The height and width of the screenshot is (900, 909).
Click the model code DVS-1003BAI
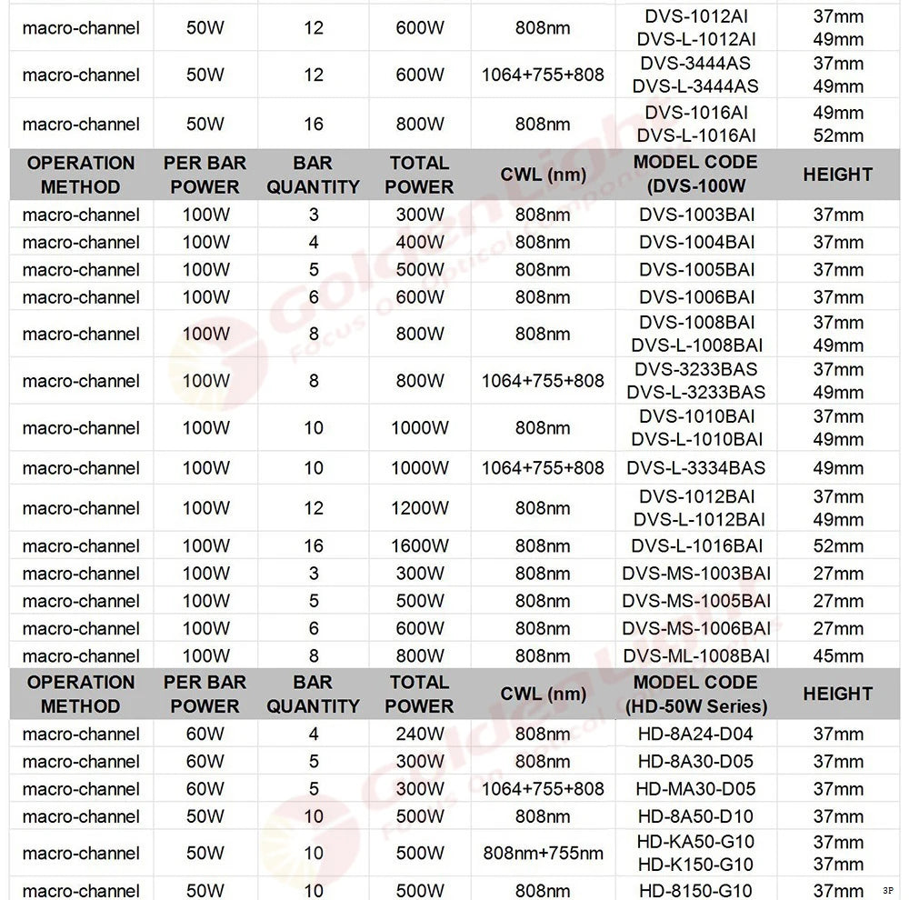coord(696,215)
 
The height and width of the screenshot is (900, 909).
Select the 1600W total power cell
coord(420,546)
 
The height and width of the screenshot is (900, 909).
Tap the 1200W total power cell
coord(420,508)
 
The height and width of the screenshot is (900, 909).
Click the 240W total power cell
coord(420,735)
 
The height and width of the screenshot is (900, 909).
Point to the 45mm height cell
coord(837,656)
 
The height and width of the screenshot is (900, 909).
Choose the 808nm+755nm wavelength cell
coord(543,854)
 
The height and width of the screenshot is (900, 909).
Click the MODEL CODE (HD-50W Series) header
coord(696,694)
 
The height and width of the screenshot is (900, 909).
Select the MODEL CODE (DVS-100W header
coord(696,175)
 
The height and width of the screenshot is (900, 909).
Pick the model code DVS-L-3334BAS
coord(696,468)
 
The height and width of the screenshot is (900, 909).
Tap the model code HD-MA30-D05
coord(696,789)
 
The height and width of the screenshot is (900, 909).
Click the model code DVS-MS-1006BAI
coord(696,629)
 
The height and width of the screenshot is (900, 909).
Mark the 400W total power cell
coord(420,243)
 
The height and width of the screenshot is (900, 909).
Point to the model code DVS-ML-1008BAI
coord(696,656)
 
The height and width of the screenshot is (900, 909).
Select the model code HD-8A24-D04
coord(696,735)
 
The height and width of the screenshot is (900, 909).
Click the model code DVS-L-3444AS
coord(696,86)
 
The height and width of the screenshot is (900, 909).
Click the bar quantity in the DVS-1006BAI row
coord(314,297)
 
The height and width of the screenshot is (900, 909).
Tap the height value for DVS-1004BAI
coord(837,243)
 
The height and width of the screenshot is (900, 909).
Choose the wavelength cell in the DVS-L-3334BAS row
coord(543,468)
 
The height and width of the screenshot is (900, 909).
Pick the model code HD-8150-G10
coord(696,891)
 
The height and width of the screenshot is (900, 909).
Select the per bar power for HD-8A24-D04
coord(205,735)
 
